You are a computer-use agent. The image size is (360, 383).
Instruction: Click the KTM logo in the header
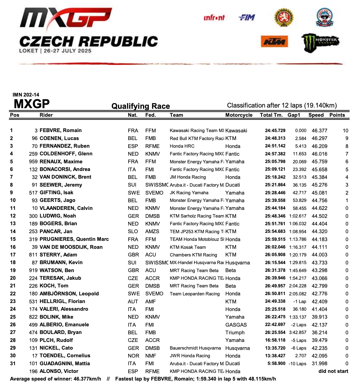[274, 41]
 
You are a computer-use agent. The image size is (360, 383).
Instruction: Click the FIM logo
[247, 18]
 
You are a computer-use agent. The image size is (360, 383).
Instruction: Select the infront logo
[214, 18]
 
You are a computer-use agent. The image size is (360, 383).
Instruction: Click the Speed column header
[316, 115]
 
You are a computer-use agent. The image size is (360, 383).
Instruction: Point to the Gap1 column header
[294, 115]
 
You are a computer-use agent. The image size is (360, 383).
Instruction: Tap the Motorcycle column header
[239, 115]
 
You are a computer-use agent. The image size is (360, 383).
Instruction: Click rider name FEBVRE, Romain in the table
[61, 131]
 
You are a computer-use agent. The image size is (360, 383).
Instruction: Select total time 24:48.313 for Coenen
[275, 138]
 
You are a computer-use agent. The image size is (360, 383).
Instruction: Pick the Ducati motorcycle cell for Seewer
[233, 185]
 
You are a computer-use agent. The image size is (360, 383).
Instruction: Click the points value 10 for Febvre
[345, 131]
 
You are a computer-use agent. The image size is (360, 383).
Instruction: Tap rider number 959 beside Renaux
[33, 162]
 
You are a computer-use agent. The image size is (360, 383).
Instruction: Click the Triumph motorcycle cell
[235, 333]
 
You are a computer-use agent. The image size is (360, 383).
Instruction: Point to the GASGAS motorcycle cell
[236, 325]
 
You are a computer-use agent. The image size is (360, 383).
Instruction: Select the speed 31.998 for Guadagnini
[319, 364]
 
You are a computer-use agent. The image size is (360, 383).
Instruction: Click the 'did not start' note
[333, 371]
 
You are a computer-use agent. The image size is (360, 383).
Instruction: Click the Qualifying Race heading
[141, 106]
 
